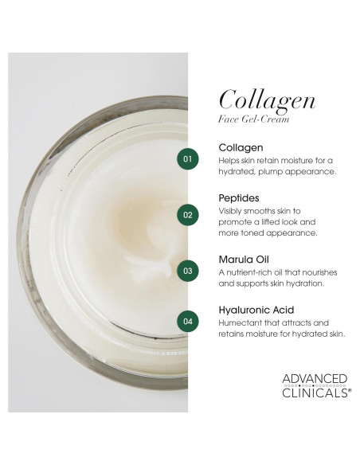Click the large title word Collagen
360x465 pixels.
click(267, 100)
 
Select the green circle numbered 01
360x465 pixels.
click(188, 159)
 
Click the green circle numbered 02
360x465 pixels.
click(188, 214)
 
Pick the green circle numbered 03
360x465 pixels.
click(188, 270)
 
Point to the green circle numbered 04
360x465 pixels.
click(188, 322)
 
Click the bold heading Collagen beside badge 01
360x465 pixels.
click(241, 148)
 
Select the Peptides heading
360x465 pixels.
click(240, 198)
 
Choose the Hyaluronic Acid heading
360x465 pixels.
click(256, 310)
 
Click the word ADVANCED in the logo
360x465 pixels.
click(315, 379)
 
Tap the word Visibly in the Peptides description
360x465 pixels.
click(230, 211)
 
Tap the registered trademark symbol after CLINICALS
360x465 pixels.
click(349, 392)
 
